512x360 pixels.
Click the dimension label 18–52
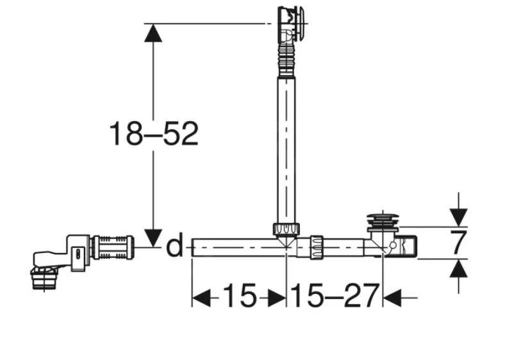[x=153, y=134]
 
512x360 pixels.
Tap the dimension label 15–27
[x=334, y=296]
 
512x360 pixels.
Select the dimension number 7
[x=458, y=242]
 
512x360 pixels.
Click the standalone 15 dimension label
[x=240, y=295]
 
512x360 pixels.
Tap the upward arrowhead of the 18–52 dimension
[x=153, y=33]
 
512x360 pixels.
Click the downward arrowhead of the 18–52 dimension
[x=153, y=238]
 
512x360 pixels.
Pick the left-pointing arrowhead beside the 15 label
[x=201, y=298]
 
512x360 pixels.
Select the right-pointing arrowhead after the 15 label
[x=277, y=298]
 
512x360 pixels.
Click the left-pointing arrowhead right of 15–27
[x=392, y=298]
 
